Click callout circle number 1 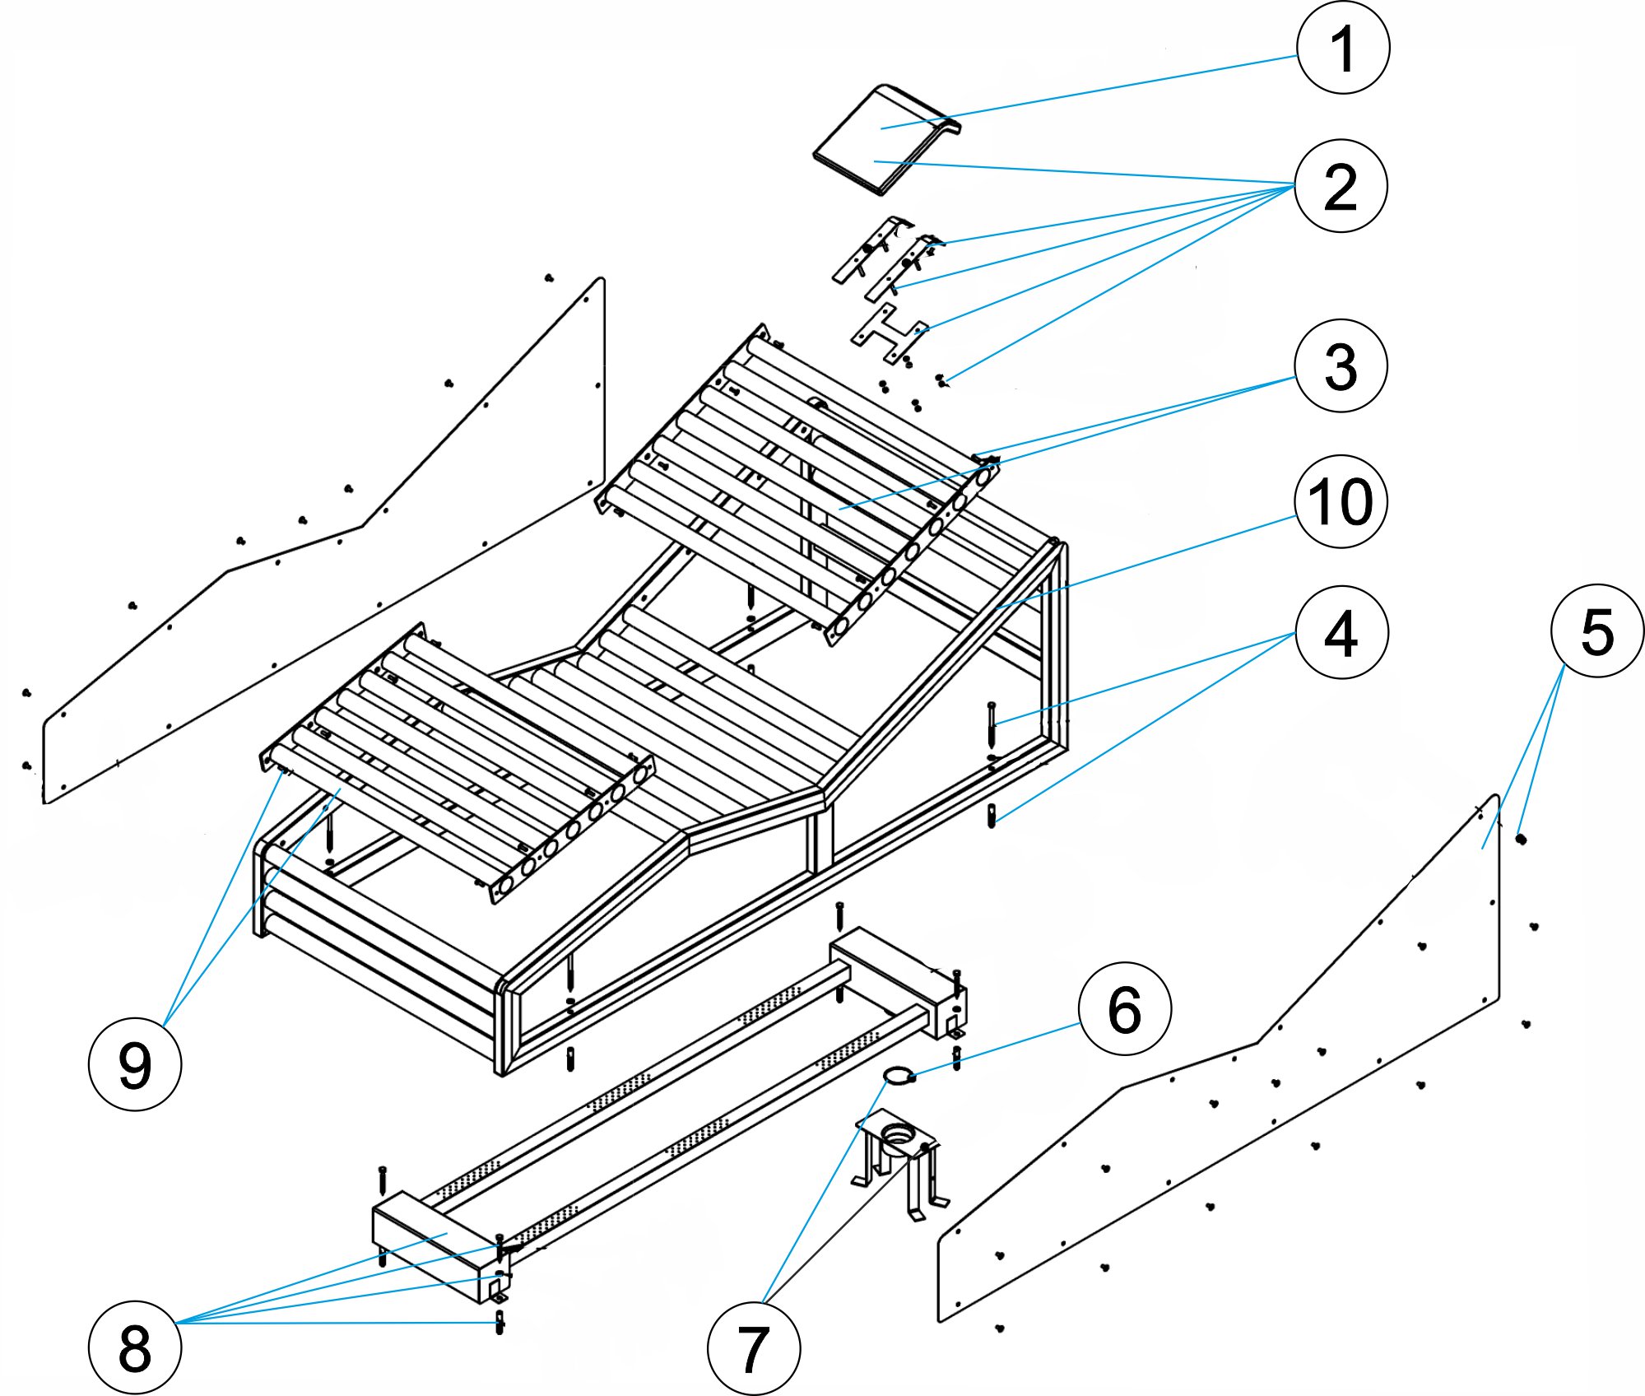tap(1343, 48)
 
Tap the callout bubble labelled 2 tap(1341, 186)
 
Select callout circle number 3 tap(1341, 365)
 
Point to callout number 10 tap(1341, 501)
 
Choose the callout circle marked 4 tap(1341, 633)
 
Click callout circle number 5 tap(1596, 631)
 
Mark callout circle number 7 tap(753, 1349)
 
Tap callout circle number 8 tap(134, 1347)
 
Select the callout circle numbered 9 tap(134, 1064)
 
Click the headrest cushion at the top tap(885, 140)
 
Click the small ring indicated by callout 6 tap(898, 1074)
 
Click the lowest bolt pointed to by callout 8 tap(500, 1323)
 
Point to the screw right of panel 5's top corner tap(1521, 839)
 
